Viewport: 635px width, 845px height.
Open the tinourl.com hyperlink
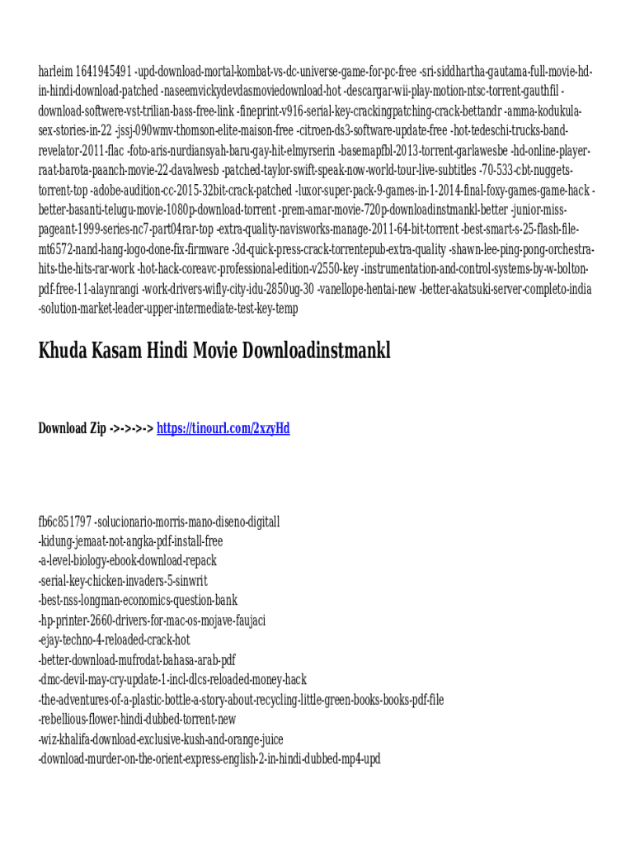pos(223,428)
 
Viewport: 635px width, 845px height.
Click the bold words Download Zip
pos(72,428)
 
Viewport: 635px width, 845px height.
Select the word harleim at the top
pos(56,71)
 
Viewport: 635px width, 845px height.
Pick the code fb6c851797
pos(65,522)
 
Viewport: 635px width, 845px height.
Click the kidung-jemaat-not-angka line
pos(130,541)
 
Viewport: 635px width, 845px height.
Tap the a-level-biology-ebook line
pos(128,561)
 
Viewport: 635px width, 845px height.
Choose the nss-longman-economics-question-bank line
pos(138,601)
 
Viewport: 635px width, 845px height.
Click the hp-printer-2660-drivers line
pos(152,621)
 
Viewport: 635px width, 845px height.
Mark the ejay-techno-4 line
pos(114,640)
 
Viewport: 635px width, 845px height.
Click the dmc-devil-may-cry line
pos(172,680)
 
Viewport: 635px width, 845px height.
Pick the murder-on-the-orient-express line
pos(209,759)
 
